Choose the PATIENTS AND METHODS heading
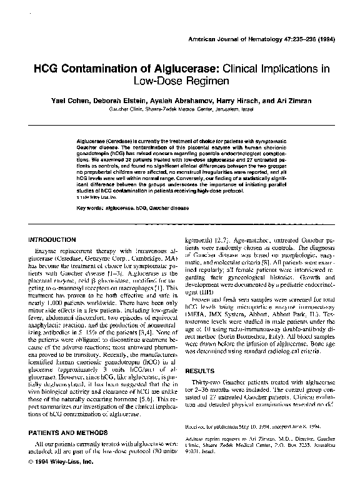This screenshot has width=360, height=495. point(68,432)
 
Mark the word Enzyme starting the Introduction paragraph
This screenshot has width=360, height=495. point(49,250)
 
